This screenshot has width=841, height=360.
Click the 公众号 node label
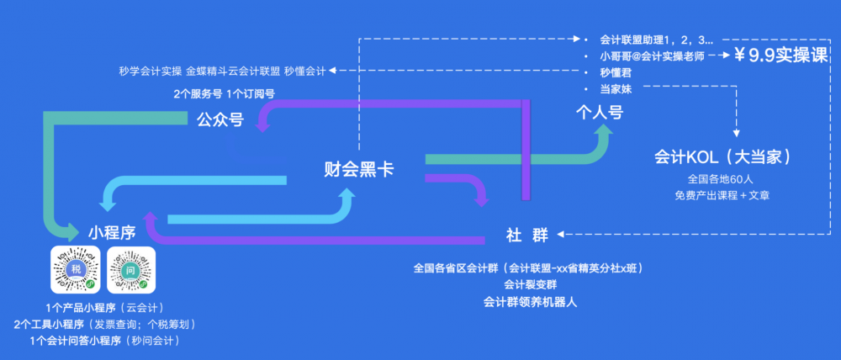pyautogui.click(x=220, y=120)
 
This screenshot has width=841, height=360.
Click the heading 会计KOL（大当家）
pyautogui.click(x=721, y=157)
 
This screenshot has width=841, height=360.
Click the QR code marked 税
pyautogui.click(x=75, y=271)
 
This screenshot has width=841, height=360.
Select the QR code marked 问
pyautogui.click(x=132, y=271)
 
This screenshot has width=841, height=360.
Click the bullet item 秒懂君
pyautogui.click(x=616, y=72)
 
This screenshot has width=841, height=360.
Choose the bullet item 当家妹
pyautogui.click(x=616, y=88)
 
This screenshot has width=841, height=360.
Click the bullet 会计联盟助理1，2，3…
pyautogui.click(x=657, y=40)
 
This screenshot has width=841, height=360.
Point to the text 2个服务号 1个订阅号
pyautogui.click(x=225, y=93)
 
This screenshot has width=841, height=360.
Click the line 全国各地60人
pyautogui.click(x=721, y=178)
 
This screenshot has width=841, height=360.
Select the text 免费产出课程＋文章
pyautogui.click(x=721, y=195)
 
